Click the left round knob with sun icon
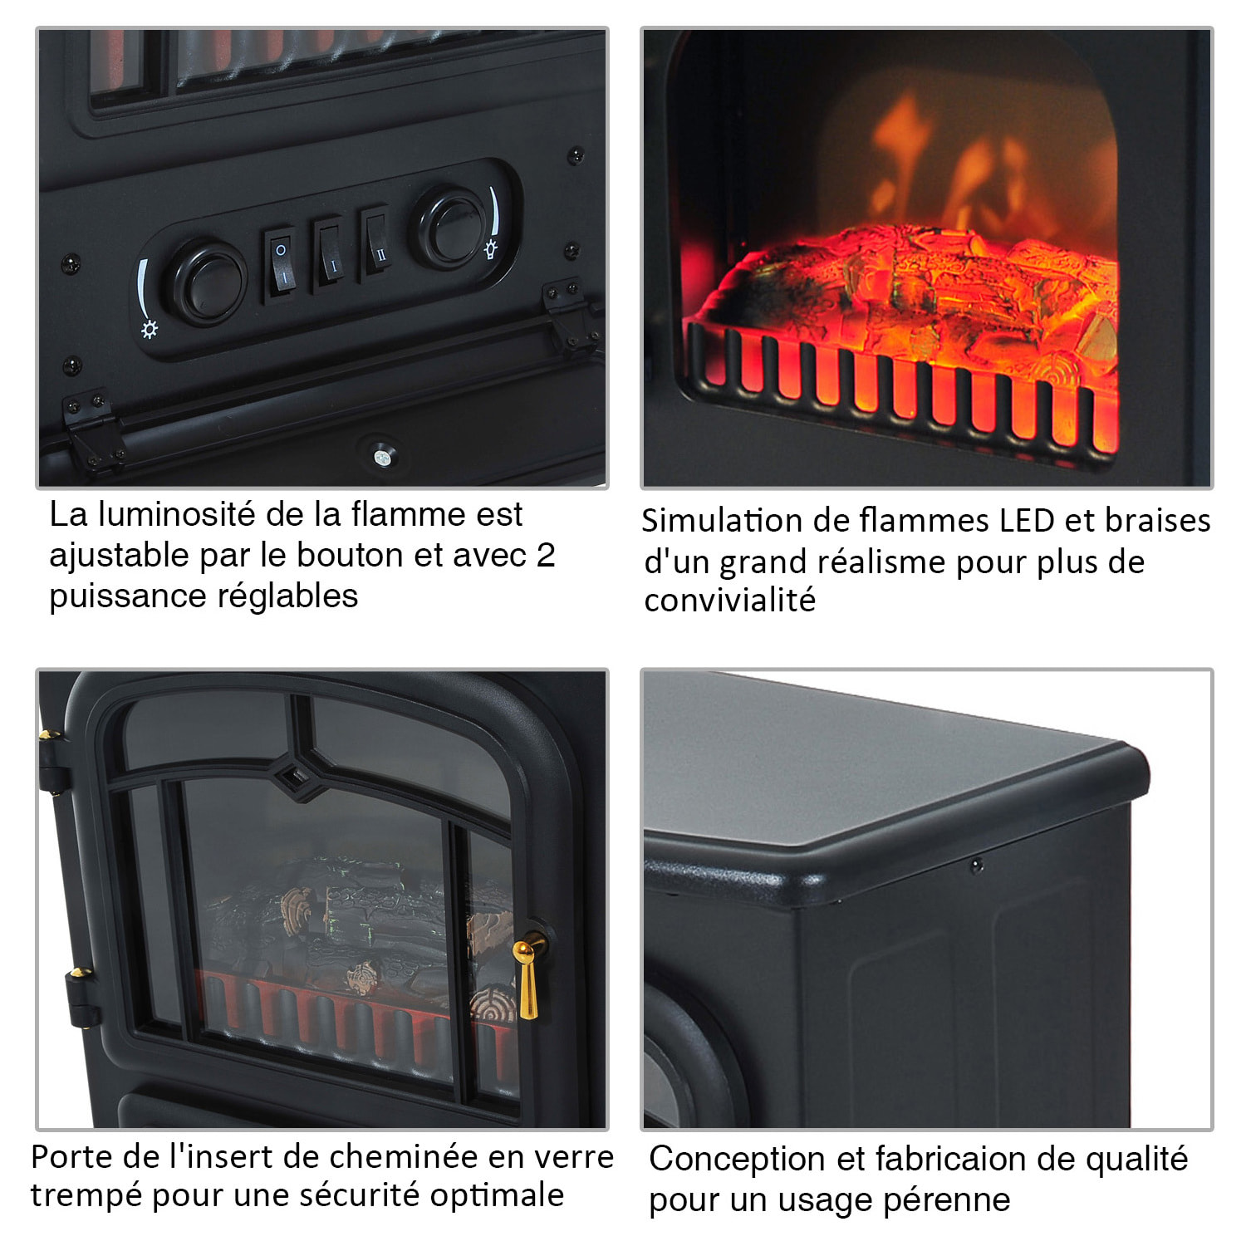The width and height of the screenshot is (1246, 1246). [x=204, y=282]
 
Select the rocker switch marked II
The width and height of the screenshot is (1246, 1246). [x=378, y=243]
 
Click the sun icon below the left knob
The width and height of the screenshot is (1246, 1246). [x=150, y=330]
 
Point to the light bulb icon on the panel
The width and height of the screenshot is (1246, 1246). [x=491, y=248]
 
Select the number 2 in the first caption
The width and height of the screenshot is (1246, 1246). [x=546, y=555]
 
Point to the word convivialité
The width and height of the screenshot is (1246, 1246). [x=729, y=600]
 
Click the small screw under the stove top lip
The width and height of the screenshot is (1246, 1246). [x=977, y=866]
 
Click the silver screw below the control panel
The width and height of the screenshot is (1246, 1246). [x=381, y=456]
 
